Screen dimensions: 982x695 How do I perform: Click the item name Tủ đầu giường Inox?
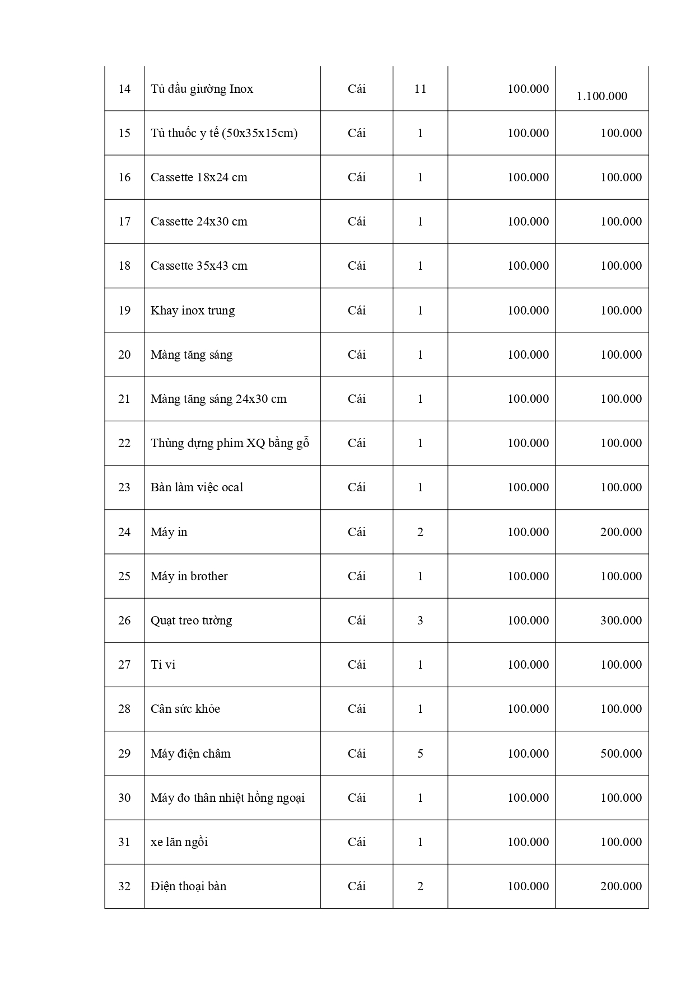click(202, 89)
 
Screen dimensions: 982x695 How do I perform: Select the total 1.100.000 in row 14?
click(601, 96)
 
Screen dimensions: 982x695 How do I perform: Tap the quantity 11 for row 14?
click(420, 89)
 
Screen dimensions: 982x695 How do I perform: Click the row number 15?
click(124, 133)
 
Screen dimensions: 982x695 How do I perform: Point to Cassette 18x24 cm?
click(199, 177)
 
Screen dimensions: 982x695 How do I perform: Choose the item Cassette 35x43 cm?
click(199, 266)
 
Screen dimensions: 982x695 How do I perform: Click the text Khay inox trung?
click(193, 311)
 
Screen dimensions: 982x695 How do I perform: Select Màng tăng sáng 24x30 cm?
click(218, 399)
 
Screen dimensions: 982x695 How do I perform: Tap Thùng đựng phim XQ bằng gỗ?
click(230, 443)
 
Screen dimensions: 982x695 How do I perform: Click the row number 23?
click(124, 487)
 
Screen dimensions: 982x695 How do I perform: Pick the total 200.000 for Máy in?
click(621, 532)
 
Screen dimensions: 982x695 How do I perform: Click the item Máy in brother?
click(189, 576)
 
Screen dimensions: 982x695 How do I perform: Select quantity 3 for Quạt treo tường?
click(420, 621)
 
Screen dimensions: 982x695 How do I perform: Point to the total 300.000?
click(621, 621)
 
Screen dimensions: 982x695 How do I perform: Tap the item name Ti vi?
click(163, 665)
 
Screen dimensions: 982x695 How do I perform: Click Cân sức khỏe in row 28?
click(185, 709)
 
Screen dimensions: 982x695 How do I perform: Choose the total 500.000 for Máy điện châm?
click(621, 754)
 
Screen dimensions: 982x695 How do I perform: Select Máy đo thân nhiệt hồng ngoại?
click(227, 798)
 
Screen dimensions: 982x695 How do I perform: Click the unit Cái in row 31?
click(356, 842)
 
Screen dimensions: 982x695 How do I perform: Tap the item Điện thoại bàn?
click(189, 886)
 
